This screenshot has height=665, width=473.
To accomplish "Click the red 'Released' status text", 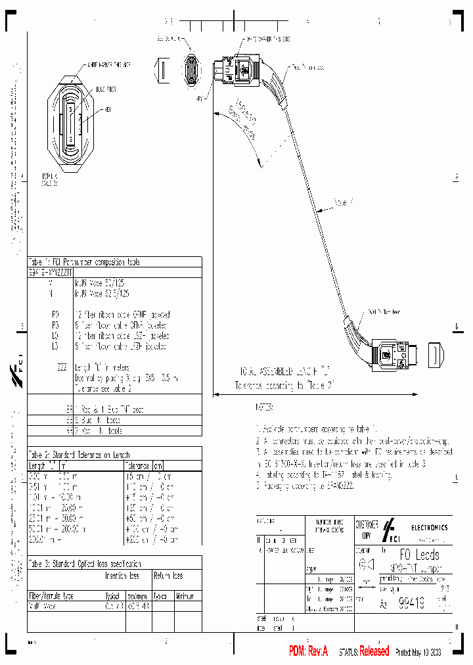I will pyautogui.click(x=374, y=651).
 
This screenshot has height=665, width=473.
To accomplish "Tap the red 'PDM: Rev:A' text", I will pyautogui.click(x=311, y=651).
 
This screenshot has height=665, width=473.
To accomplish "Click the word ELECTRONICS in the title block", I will pyautogui.click(x=430, y=527).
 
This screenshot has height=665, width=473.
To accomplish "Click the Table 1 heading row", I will pyautogui.click(x=83, y=262).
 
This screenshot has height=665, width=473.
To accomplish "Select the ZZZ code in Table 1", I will pyautogui.click(x=61, y=367).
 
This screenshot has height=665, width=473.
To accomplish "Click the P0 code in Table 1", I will pyautogui.click(x=55, y=315).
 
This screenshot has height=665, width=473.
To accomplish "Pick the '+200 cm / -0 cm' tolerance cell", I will pyautogui.click(x=150, y=539).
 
